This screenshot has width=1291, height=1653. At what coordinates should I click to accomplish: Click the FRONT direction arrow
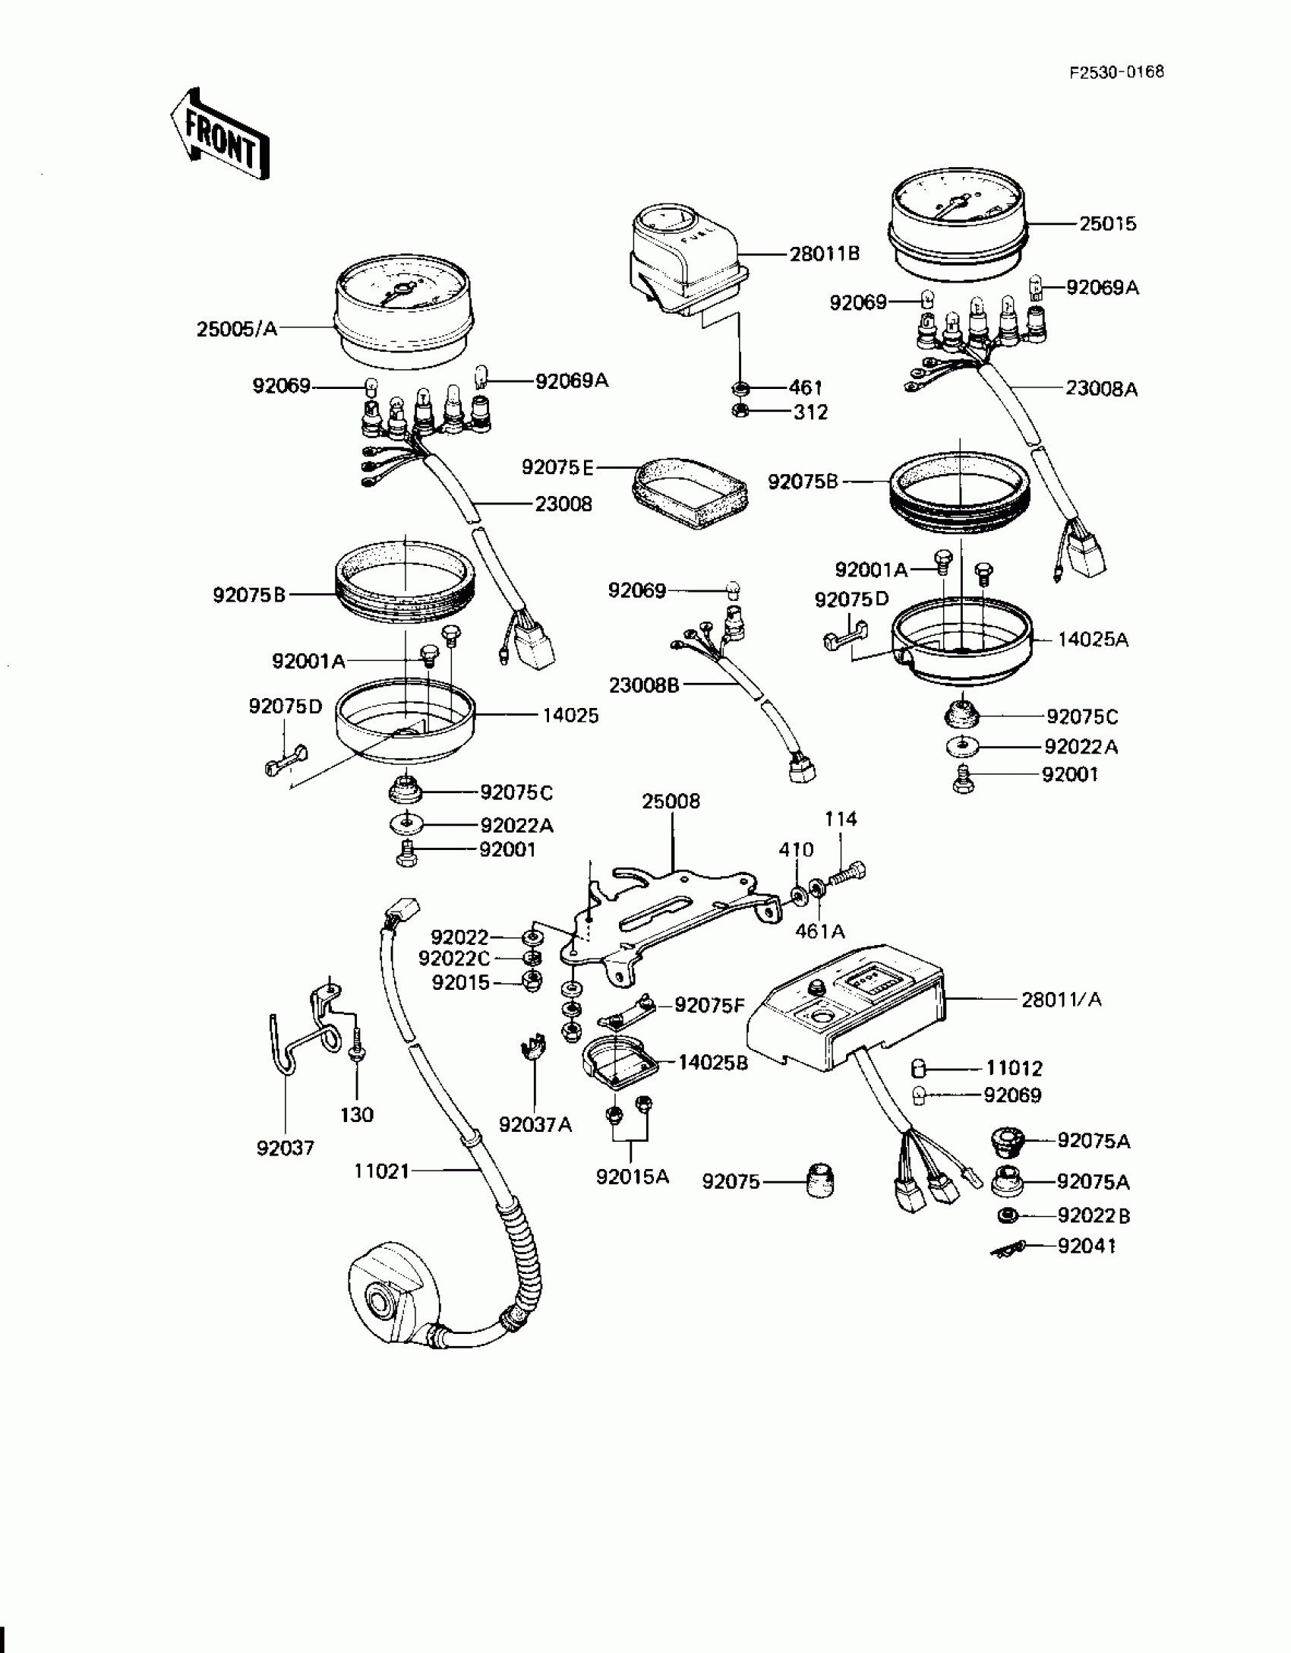coord(219,136)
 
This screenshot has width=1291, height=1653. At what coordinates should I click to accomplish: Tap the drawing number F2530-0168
coord(1116,73)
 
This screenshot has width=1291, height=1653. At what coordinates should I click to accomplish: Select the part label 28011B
coord(824,254)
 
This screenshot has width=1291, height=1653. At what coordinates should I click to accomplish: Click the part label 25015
coord(1108,223)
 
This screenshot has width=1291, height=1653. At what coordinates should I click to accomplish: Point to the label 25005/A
coord(237,329)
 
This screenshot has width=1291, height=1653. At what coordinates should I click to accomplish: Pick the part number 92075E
coord(557,467)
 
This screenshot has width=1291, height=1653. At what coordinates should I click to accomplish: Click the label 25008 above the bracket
coord(671,801)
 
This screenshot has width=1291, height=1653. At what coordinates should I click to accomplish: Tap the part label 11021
coord(381,1171)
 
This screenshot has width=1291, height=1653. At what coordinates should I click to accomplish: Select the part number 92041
coord(1087,1247)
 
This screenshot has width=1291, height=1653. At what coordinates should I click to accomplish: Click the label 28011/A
coord(1061,1000)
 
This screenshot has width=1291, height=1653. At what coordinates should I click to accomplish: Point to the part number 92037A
coord(535,1124)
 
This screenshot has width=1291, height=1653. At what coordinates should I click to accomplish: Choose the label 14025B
coord(712,1063)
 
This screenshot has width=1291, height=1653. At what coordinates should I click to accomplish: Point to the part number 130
coord(357,1114)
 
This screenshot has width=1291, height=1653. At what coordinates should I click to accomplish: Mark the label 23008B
coord(644,685)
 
